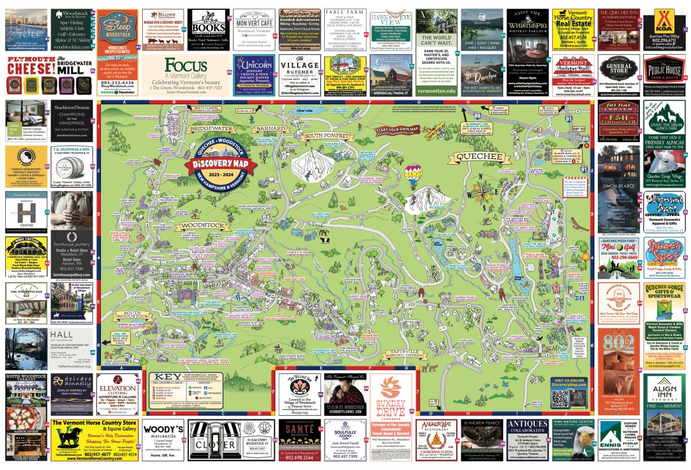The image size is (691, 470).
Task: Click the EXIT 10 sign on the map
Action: tap(578, 128)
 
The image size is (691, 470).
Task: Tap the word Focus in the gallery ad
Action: tap(186, 65)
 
